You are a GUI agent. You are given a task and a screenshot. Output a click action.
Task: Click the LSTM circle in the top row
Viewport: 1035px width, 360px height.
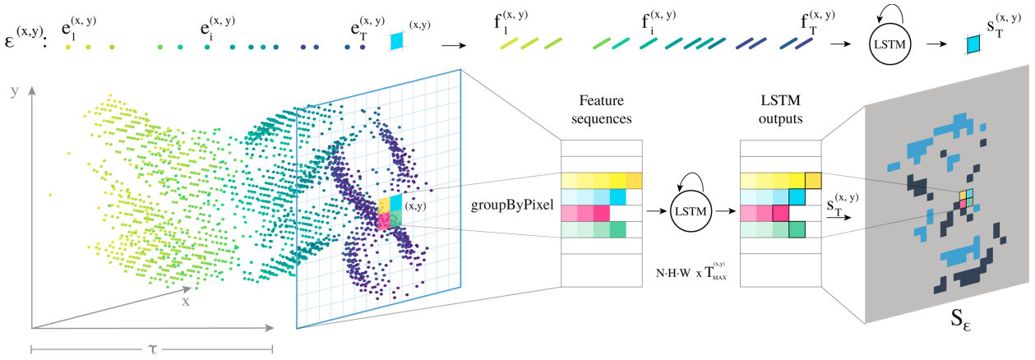(892, 44)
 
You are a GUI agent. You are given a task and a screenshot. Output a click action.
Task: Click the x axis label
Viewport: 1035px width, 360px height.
(186, 301)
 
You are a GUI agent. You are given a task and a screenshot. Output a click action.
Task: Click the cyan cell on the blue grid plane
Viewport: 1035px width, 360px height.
(395, 202)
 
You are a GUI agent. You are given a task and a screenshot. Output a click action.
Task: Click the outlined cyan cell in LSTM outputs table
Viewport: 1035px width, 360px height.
(797, 197)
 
